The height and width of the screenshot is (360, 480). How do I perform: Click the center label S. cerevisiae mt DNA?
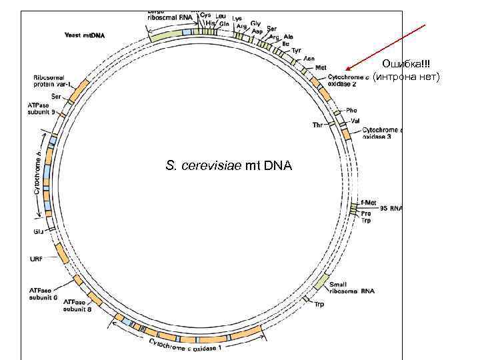click(x=228, y=165)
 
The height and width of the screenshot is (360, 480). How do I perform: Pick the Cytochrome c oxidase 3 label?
click(x=381, y=133)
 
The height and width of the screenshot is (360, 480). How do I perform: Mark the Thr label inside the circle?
click(x=318, y=125)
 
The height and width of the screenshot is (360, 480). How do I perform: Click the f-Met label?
click(x=368, y=201)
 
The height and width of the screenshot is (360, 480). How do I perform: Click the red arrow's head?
click(x=347, y=69)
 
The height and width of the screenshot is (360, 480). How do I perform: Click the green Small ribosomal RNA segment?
click(x=321, y=282)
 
